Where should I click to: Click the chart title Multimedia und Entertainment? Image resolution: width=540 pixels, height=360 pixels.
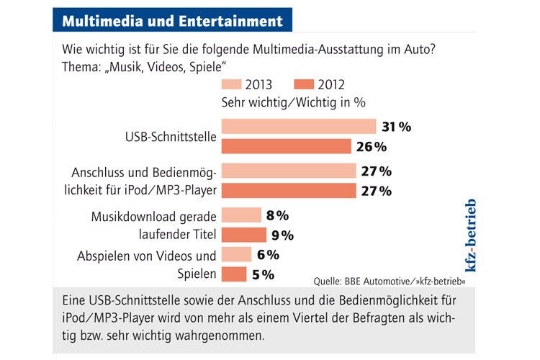tap(172, 20)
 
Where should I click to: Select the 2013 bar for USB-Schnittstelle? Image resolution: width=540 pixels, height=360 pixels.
tap(299, 127)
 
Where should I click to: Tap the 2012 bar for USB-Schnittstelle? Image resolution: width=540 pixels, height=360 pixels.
tap(287, 147)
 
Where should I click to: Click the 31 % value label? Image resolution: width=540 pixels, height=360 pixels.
tap(396, 127)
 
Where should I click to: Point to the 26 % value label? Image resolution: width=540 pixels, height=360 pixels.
tap(372, 147)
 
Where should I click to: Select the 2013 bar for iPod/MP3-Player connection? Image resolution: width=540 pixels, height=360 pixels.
tap(289, 171)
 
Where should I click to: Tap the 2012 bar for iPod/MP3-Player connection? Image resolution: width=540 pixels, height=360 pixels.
tap(289, 191)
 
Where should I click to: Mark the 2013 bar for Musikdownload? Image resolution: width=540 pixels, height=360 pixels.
tap(241, 215)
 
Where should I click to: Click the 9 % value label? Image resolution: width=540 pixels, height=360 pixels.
tap(282, 235)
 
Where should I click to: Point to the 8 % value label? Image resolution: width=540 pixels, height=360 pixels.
tap(276, 215)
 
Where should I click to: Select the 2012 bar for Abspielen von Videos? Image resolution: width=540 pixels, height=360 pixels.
tap(234, 274)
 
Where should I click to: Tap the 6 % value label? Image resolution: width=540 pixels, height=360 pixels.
tap(267, 254)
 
